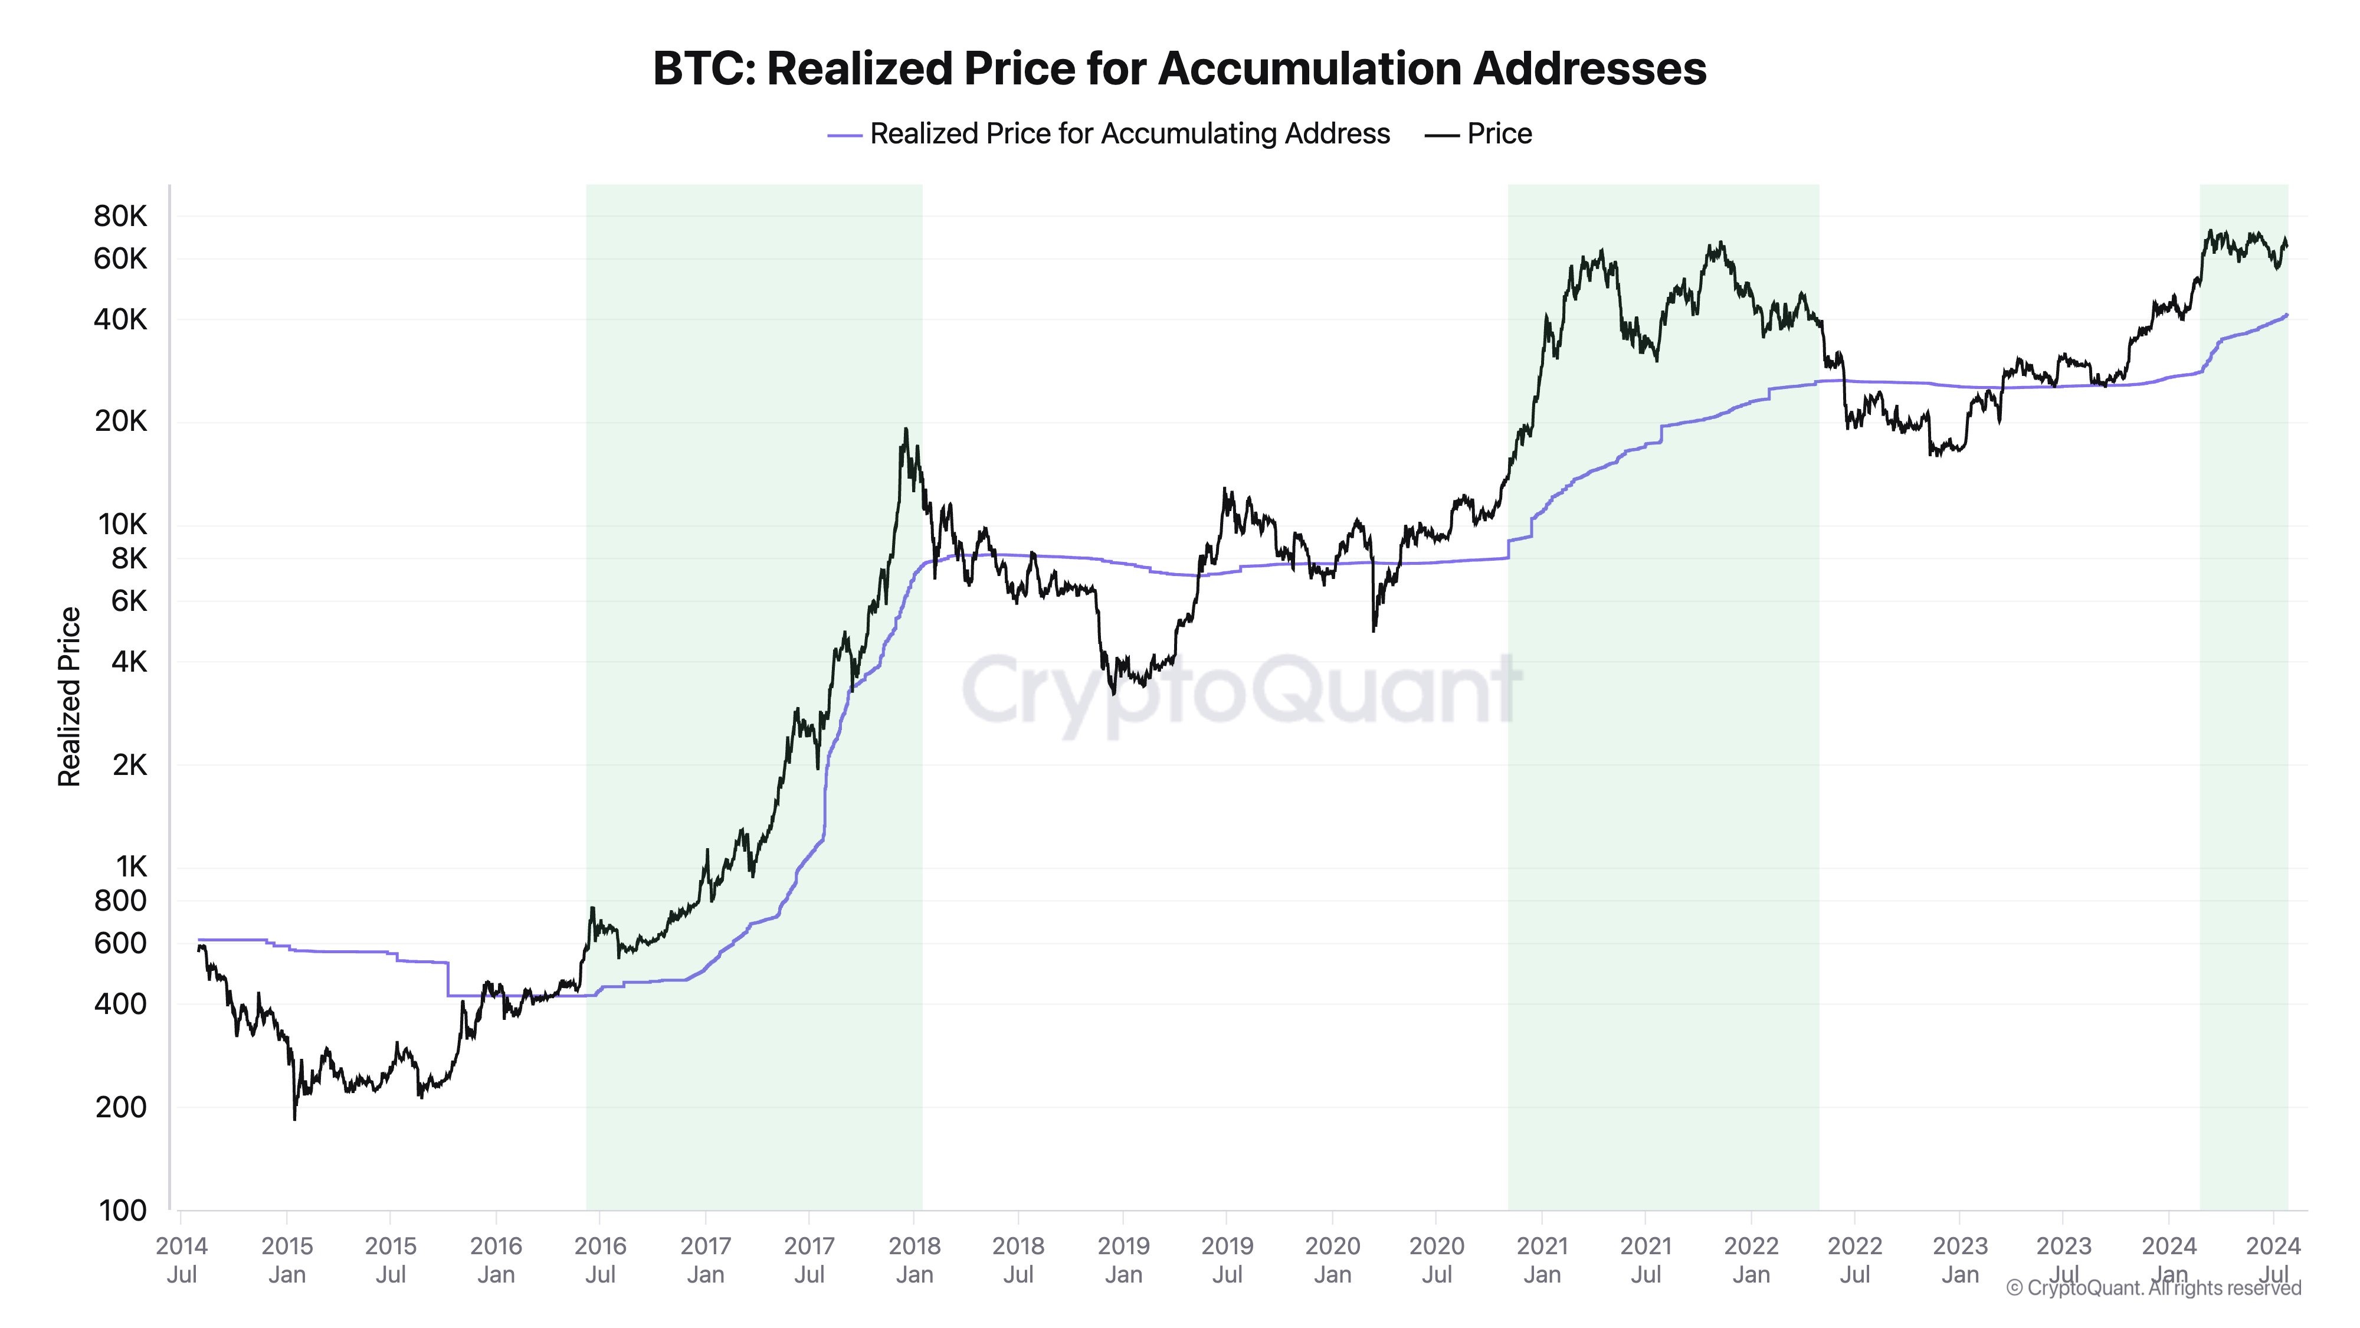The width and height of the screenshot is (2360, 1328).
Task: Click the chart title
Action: (1179, 68)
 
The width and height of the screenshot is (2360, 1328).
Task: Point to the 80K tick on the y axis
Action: (120, 216)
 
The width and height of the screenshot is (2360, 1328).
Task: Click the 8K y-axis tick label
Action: (128, 558)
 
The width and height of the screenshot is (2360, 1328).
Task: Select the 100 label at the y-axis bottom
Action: (123, 1211)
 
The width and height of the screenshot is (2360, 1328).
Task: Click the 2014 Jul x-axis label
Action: (181, 1260)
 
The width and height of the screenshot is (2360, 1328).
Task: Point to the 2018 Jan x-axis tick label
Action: (914, 1260)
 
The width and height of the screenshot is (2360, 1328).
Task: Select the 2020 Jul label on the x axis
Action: (1437, 1260)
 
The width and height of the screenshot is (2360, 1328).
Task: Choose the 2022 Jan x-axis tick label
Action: (1751, 1260)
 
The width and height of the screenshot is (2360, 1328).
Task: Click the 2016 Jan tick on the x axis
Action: (496, 1260)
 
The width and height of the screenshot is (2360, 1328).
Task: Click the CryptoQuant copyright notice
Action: (2153, 1288)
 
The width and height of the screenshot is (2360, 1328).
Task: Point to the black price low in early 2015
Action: (294, 1118)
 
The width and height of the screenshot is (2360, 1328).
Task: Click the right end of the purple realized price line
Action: (2287, 315)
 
